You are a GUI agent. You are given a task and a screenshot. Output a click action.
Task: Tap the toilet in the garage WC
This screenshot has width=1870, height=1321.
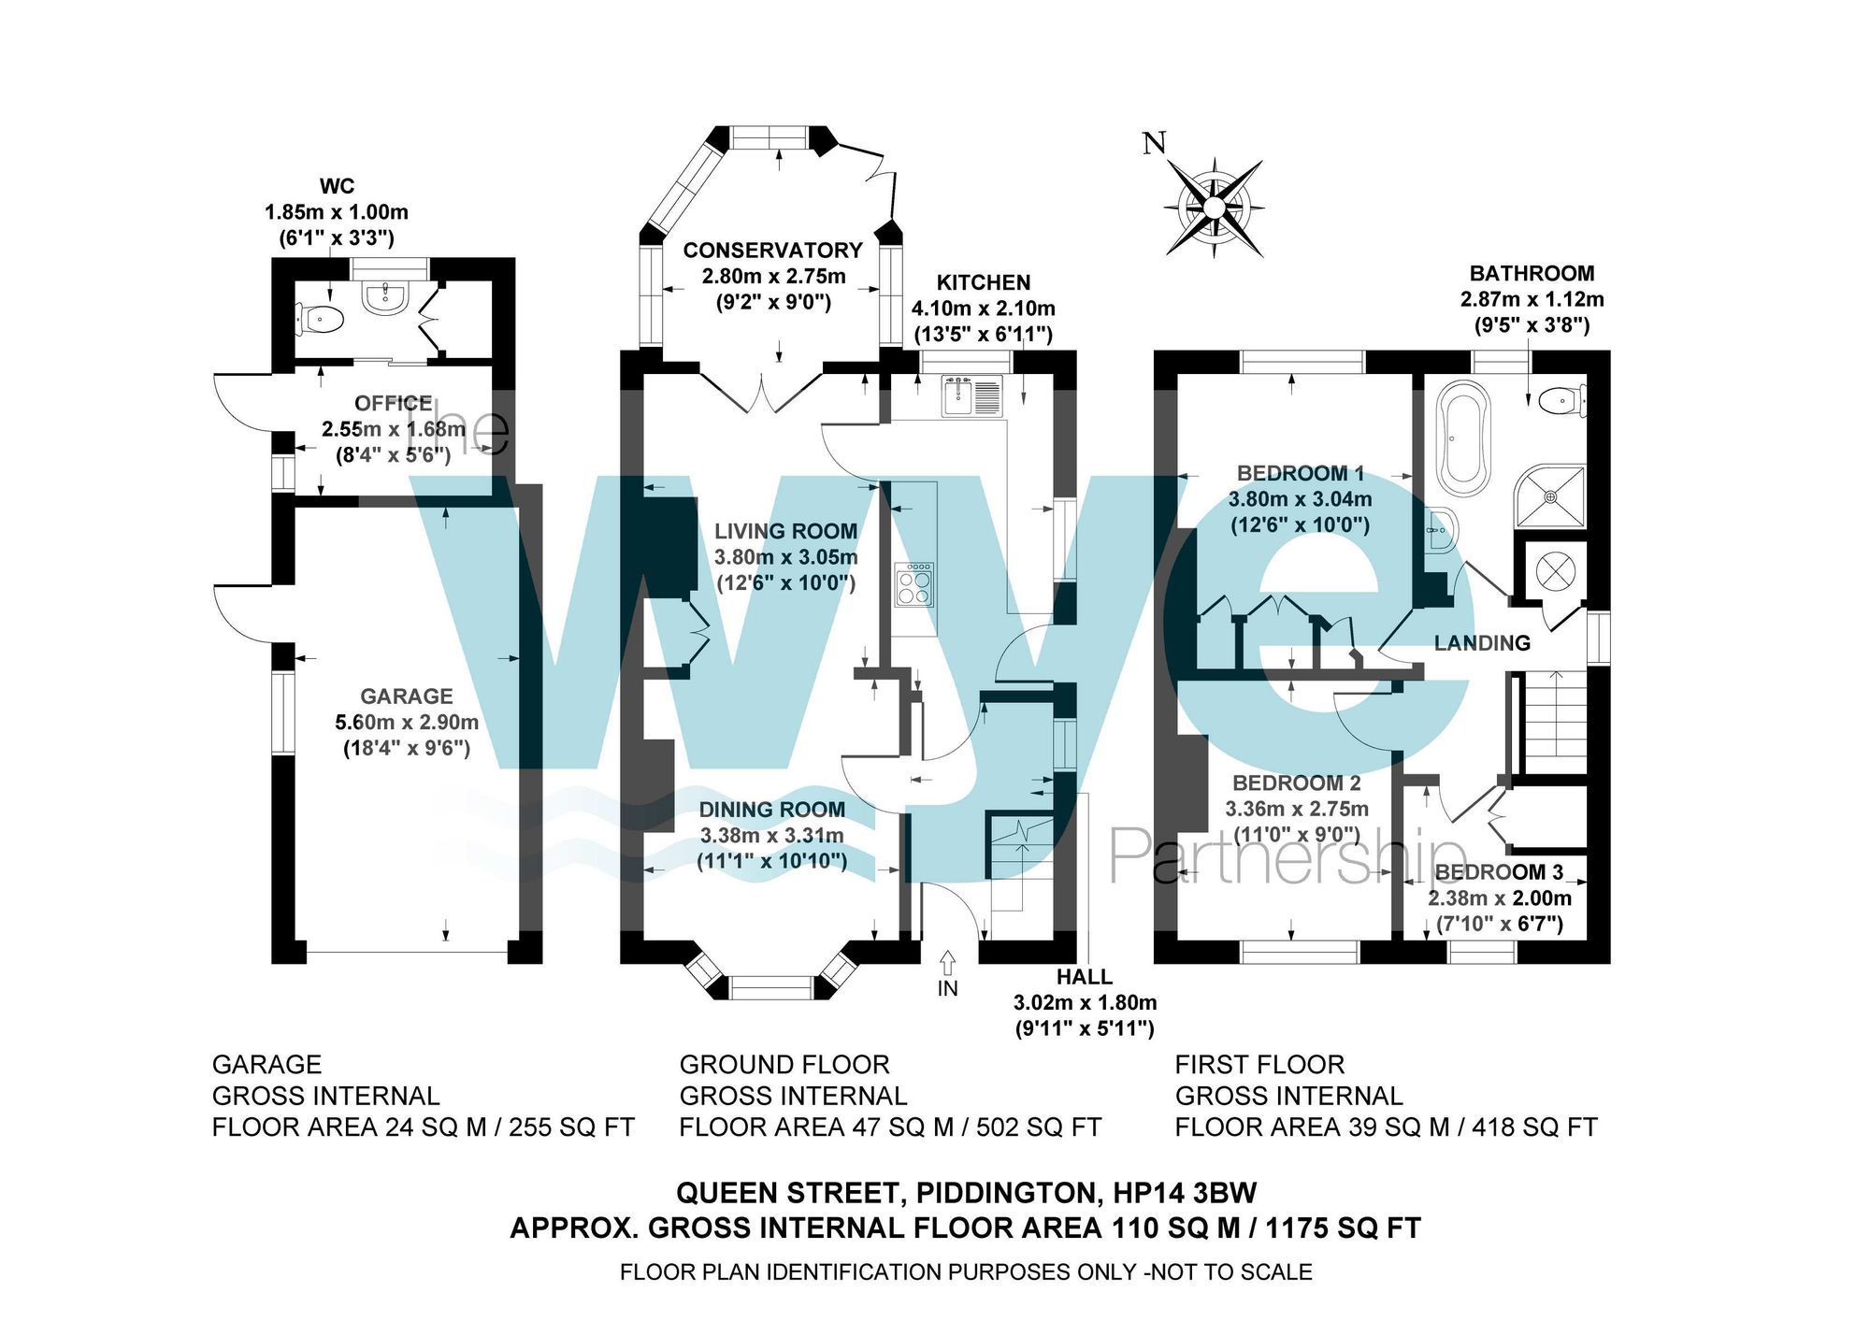point(321,319)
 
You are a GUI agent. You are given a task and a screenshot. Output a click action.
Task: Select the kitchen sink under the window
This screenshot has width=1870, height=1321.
point(971,396)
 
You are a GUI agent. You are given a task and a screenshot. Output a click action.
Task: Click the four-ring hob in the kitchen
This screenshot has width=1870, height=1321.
point(913,585)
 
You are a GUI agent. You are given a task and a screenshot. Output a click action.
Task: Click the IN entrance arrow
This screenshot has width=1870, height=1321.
point(947,963)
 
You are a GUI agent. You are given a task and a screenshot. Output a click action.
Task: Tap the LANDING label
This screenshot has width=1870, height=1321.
point(1482,643)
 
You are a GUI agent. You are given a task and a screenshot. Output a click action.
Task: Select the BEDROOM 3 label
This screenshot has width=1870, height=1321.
point(1498,872)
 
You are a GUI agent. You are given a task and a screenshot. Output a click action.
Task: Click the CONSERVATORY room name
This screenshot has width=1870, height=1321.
point(772,251)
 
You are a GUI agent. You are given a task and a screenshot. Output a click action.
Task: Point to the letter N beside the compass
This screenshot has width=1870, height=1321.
point(1155,143)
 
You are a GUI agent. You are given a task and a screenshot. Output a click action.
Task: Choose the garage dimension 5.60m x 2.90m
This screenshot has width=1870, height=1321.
point(407,722)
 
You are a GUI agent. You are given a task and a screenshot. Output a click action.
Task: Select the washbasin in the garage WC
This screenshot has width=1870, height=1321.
point(383,296)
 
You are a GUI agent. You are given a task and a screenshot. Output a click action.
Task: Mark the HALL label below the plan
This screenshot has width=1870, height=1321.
point(1084,977)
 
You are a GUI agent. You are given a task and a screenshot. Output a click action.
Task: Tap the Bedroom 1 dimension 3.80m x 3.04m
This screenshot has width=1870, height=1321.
point(1300,499)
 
